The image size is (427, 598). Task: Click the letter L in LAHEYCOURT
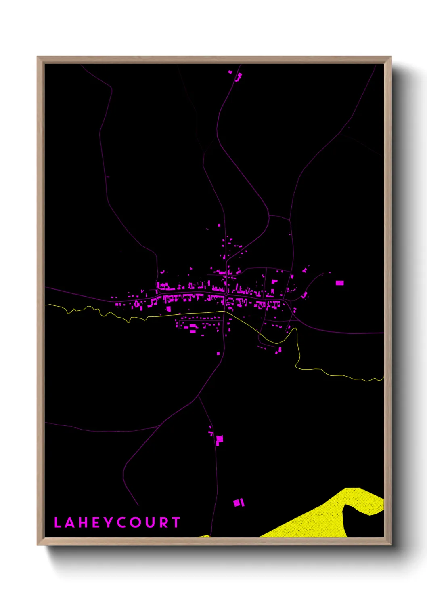point(57,522)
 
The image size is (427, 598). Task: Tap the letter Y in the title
point(108,522)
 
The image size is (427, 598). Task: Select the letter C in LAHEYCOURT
point(122,522)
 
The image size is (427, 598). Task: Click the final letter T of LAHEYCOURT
point(176,522)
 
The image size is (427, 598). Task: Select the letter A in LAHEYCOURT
point(69,522)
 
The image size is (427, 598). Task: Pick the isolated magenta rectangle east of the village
point(340,283)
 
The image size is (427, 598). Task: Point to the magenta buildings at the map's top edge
point(238,76)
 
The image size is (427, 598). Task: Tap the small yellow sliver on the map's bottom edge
point(204,536)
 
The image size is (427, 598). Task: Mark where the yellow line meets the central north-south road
point(225,311)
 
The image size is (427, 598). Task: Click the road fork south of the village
point(198,396)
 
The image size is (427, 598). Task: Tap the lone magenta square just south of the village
point(218,354)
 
